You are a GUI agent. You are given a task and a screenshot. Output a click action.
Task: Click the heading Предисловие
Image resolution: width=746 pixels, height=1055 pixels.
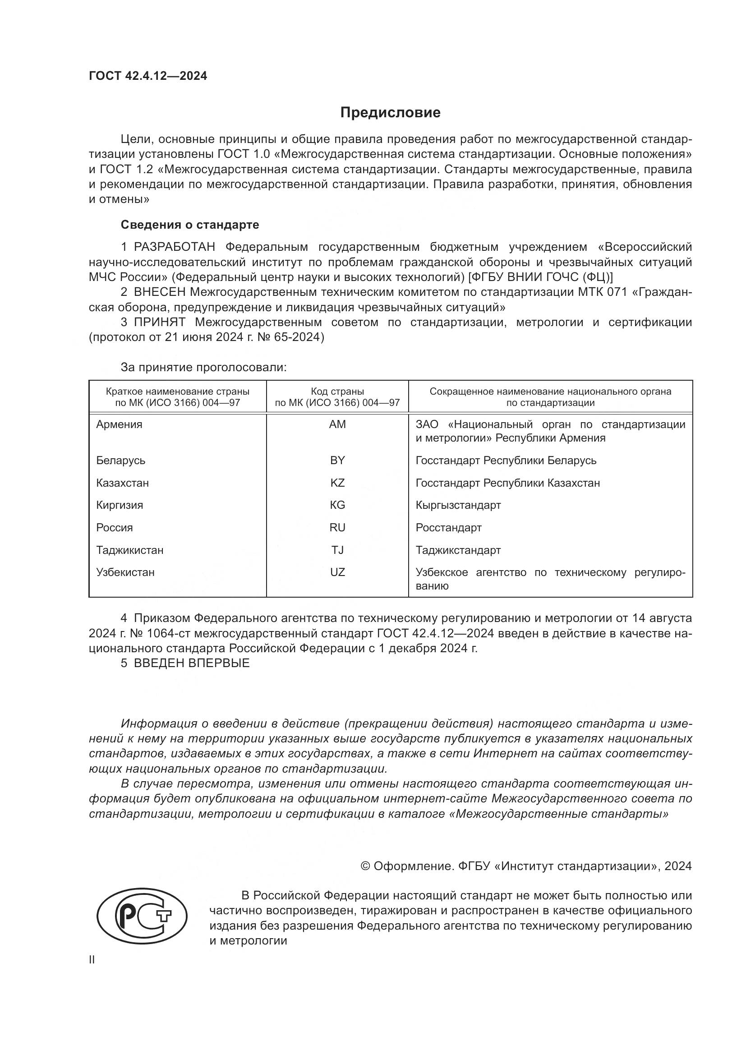390,113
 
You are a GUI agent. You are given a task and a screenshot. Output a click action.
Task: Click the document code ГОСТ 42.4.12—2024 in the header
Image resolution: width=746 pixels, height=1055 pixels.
148,76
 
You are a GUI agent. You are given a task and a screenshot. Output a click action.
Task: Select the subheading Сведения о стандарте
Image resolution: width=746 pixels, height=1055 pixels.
190,225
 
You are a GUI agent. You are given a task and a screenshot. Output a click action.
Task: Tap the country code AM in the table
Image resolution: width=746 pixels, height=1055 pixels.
337,424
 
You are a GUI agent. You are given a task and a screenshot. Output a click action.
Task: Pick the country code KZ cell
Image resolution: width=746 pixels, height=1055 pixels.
337,483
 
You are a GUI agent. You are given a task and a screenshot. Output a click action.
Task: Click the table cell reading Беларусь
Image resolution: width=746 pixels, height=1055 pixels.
120,461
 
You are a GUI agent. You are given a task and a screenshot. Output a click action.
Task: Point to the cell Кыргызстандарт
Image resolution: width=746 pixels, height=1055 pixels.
458,505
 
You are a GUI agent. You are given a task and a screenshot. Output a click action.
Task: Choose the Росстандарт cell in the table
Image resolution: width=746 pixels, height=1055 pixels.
448,528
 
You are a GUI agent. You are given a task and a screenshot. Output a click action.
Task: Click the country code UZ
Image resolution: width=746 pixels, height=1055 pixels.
337,572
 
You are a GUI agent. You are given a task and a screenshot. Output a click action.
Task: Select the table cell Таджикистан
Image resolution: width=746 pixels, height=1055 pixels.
129,550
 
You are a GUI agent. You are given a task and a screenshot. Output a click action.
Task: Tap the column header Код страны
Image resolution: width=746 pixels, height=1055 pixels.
337,392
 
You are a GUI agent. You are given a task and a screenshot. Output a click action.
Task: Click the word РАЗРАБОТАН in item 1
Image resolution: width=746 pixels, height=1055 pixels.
174,247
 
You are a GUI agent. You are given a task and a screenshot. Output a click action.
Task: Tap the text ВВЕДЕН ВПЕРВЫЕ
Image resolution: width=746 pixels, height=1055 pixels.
192,663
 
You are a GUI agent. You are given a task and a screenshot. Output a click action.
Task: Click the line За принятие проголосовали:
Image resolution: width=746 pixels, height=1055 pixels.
203,367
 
